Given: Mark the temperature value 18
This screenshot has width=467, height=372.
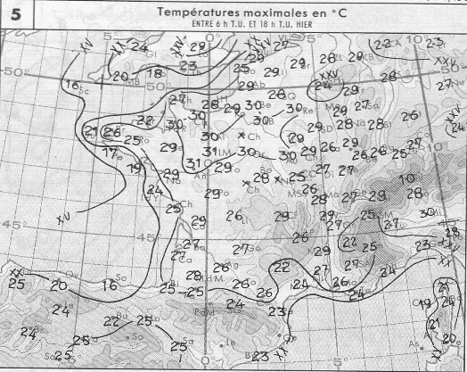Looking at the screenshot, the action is click(x=154, y=73).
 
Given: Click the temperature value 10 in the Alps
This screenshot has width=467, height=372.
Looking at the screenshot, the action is click(x=410, y=179).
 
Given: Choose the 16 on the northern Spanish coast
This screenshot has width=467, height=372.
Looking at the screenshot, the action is click(x=110, y=285).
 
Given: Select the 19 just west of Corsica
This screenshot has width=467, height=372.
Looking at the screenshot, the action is click(x=424, y=305).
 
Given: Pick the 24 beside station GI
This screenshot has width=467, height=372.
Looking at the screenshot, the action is click(x=139, y=46).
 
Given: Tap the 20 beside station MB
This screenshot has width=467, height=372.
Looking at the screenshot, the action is click(x=120, y=77).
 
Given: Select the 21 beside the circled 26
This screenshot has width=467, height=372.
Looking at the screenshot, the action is click(x=91, y=132).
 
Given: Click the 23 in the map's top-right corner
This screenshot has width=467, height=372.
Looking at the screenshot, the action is click(x=434, y=42).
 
